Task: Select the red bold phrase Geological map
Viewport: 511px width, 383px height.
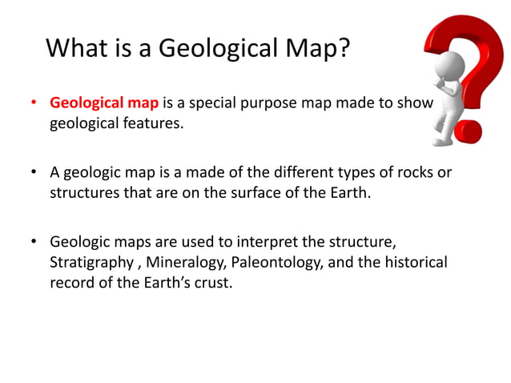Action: pos(104,103)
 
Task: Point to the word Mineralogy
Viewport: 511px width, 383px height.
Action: pos(185,261)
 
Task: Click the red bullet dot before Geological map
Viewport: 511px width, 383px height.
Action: pos(34,104)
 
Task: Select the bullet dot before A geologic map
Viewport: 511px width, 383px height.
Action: pos(34,172)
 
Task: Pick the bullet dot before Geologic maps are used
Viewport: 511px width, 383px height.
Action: pos(34,241)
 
